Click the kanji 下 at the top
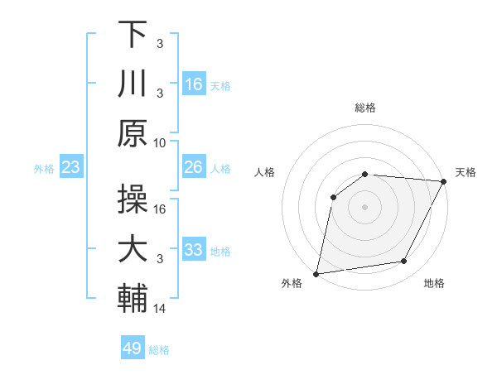(133, 36)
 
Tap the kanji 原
(133, 132)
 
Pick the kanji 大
(133, 248)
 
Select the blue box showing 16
(194, 84)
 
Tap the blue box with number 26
(194, 168)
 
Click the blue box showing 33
(194, 250)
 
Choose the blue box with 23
(71, 168)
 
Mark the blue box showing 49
(133, 348)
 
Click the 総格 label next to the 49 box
(160, 350)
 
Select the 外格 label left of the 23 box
(44, 169)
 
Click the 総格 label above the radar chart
(365, 108)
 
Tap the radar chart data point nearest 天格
(444, 182)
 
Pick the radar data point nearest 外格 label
(316, 273)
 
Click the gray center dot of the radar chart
(364, 207)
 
